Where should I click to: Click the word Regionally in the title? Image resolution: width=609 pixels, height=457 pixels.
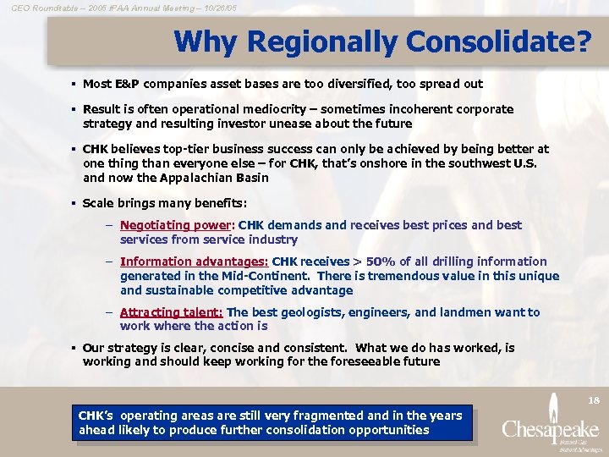(316, 41)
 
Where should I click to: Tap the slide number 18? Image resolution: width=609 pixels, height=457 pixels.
(593, 398)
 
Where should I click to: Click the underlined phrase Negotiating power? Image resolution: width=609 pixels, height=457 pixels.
(176, 226)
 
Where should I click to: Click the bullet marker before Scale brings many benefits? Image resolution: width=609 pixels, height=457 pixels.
(74, 204)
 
